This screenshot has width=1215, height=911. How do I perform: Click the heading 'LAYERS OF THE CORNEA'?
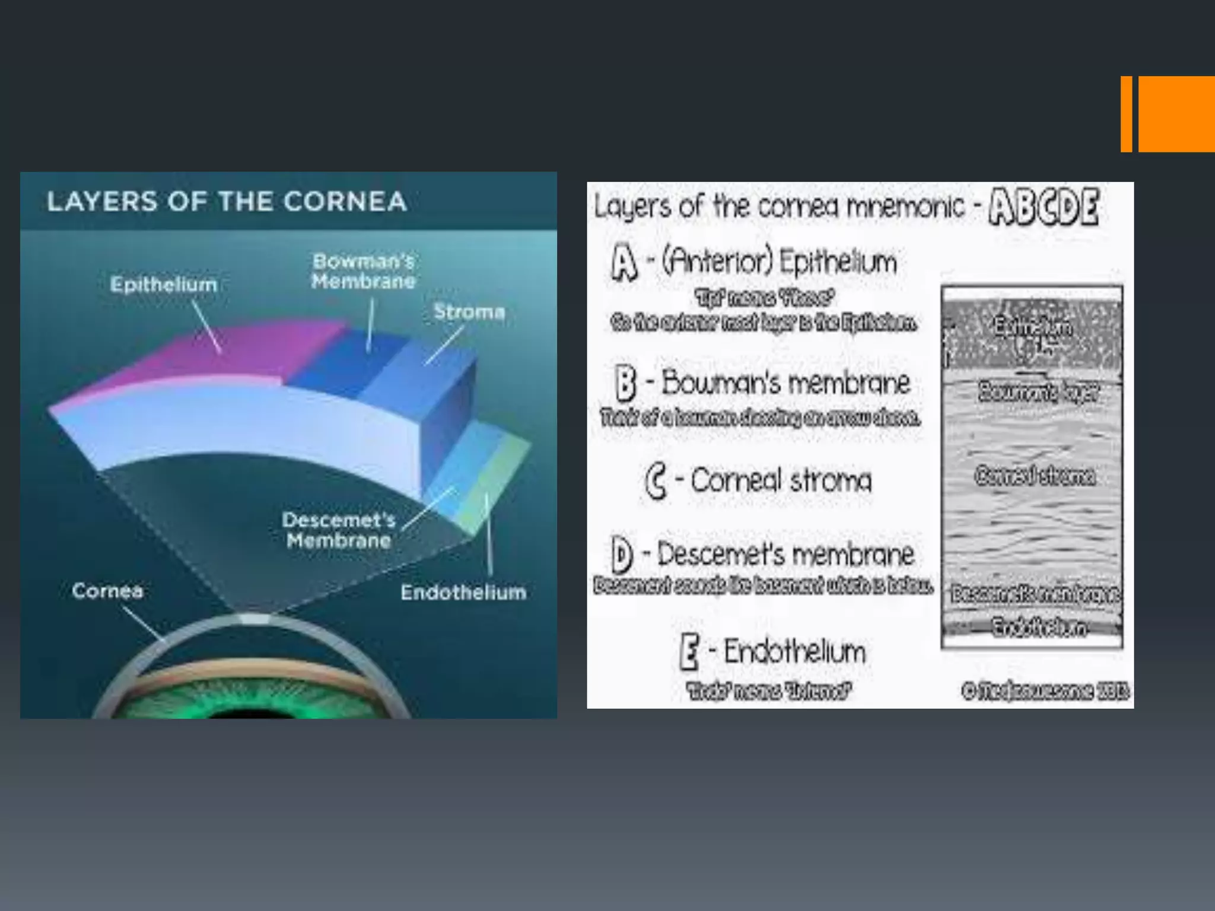point(227,201)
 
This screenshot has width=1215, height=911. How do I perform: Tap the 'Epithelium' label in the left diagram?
point(163,284)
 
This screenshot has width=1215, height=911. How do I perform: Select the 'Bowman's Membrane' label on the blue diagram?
point(363,271)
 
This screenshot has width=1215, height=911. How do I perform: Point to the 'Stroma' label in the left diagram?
point(469,311)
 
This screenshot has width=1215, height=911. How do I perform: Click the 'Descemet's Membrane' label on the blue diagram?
point(339,530)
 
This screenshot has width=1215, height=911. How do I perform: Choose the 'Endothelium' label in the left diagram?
point(463,592)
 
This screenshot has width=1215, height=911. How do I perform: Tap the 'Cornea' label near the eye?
point(107,591)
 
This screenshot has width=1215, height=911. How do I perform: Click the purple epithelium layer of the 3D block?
point(225,356)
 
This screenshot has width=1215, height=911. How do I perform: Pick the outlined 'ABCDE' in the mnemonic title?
point(1044,207)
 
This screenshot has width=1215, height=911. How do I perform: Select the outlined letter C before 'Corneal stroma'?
point(655,481)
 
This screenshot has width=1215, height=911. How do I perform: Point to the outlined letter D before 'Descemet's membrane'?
point(622,555)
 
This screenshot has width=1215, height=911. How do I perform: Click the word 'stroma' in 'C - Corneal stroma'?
point(831,481)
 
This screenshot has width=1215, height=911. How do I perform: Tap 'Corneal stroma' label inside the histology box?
point(1035,476)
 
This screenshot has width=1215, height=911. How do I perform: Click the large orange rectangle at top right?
point(1176,114)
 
